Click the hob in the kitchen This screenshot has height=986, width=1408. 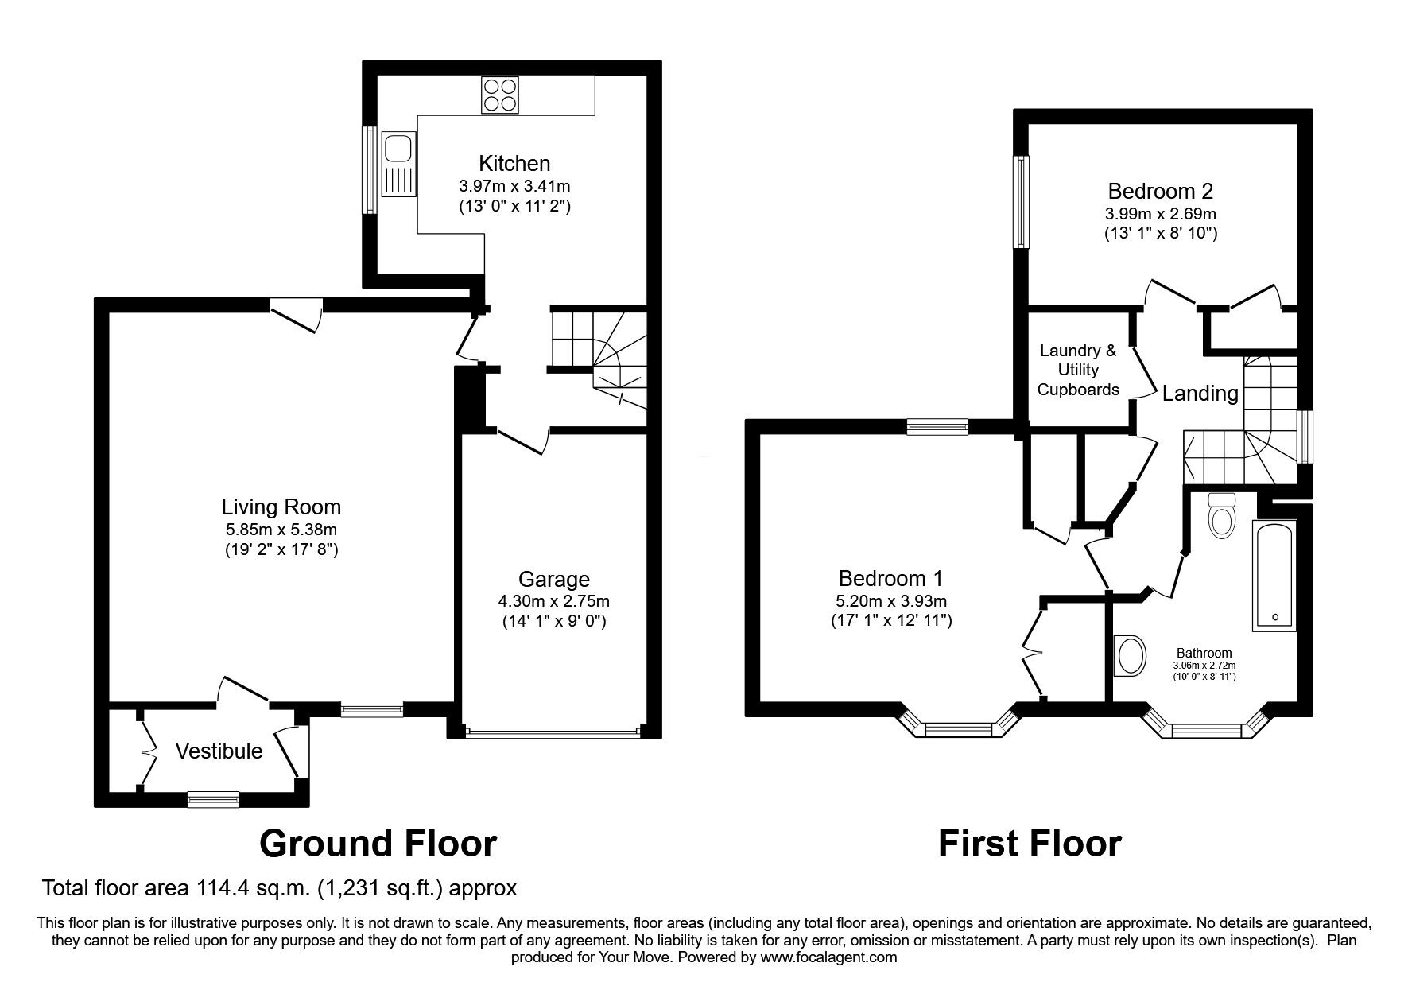tap(500, 94)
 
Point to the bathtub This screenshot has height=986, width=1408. tap(1274, 576)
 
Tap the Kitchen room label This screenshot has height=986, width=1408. tap(514, 164)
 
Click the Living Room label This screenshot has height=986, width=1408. tap(281, 507)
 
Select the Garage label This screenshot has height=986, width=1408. tap(554, 580)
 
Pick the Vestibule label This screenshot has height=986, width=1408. tap(219, 751)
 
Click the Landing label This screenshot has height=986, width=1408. tap(1200, 393)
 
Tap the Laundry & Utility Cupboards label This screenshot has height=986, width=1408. tap(1078, 370)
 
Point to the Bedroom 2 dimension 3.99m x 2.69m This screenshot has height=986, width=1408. tap(1161, 214)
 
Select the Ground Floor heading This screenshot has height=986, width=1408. tap(378, 844)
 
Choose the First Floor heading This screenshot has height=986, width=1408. tap(1030, 844)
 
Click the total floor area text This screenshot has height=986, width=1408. tap(280, 887)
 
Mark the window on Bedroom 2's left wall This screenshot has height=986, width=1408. tap(1021, 201)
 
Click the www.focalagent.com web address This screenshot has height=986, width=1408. tap(828, 957)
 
